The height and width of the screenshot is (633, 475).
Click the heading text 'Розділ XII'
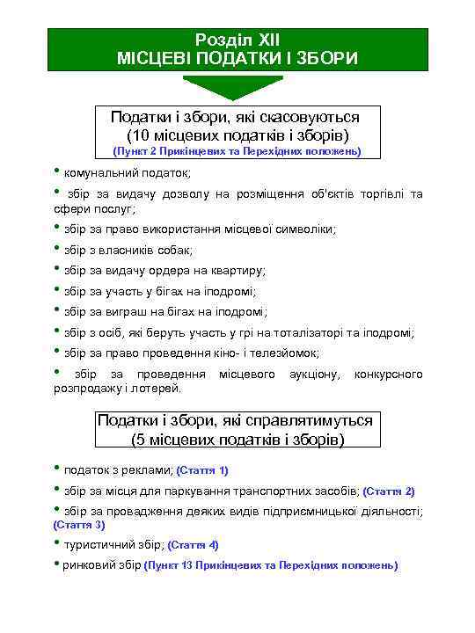pos(237,40)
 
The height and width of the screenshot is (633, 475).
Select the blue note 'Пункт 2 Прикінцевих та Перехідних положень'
pos(237,151)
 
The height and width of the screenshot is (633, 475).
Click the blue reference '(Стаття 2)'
pos(389,491)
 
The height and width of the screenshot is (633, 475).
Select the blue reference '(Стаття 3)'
pos(79,525)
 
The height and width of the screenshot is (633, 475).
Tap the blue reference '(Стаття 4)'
pos(193,545)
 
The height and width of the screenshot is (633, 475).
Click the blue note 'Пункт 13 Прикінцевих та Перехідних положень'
pos(271,565)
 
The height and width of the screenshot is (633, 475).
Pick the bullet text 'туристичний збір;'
pos(113,545)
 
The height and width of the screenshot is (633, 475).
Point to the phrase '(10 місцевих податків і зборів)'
pos(237,135)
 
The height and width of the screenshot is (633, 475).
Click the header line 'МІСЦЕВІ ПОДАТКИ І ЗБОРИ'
pos(237,58)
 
